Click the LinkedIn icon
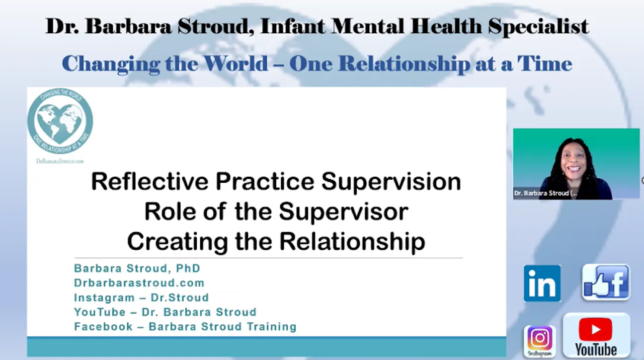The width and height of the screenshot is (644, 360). (x=542, y=283)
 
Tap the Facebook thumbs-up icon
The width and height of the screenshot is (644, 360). (x=606, y=282)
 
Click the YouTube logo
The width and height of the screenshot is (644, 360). (x=596, y=335)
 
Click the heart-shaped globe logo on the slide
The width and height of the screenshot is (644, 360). (x=60, y=121)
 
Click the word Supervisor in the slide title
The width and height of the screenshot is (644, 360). (x=343, y=211)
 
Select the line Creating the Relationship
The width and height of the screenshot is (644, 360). (x=276, y=241)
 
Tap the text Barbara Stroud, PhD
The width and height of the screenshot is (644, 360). (x=137, y=268)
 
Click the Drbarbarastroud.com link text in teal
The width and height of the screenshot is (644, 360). (x=139, y=283)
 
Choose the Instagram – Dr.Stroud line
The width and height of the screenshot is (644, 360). (x=141, y=298)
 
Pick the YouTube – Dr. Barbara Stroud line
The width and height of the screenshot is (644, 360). (x=165, y=312)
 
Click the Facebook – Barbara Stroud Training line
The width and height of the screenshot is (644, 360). (x=185, y=327)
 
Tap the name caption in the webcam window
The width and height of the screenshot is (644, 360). (x=545, y=193)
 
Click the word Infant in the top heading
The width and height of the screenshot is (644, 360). (x=291, y=27)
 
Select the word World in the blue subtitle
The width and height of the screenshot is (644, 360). (x=235, y=64)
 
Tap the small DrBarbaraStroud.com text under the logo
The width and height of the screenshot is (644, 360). (x=60, y=161)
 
